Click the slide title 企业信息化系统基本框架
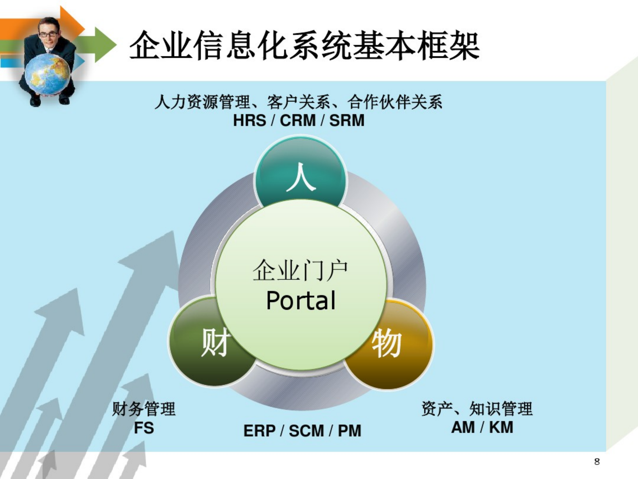coord(304,46)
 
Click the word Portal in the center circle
coord(301,301)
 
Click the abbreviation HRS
coord(250,120)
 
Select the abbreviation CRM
coord(298,120)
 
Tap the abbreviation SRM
coord(347,120)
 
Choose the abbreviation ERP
coord(259,431)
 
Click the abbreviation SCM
coord(306,431)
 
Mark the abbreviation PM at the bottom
coord(349,431)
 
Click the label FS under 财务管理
coord(144,428)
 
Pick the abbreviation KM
coord(501,427)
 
